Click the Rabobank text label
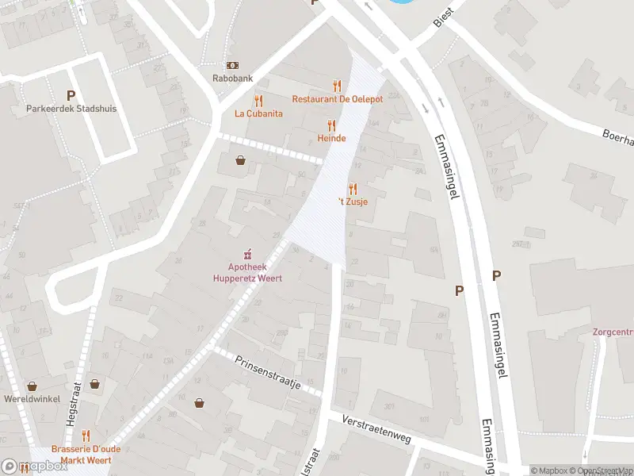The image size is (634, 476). [x=232, y=79]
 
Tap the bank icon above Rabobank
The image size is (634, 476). [x=232, y=65]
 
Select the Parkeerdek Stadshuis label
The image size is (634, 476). [x=71, y=108]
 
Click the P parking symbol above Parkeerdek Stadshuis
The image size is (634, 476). [x=71, y=95]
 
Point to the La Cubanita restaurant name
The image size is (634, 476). [x=258, y=113]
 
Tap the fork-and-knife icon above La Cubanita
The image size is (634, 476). [x=258, y=101]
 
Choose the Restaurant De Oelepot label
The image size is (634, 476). [x=337, y=99]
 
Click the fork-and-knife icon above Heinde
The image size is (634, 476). [x=331, y=125]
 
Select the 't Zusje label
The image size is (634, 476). [x=353, y=202]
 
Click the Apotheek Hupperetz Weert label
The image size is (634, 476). [x=247, y=273]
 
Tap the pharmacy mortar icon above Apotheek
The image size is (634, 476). [x=247, y=254]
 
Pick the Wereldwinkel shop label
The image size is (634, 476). [x=32, y=398]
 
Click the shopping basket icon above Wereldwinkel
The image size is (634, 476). [x=32, y=385]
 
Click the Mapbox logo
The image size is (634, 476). [x=35, y=466]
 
